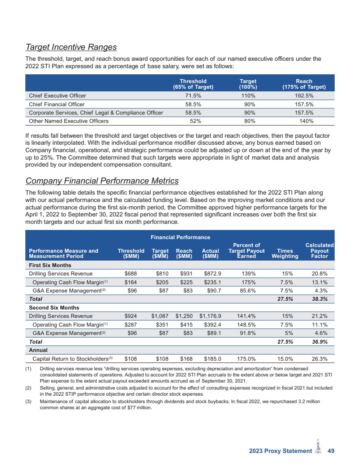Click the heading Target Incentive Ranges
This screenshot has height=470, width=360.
(x=71, y=47)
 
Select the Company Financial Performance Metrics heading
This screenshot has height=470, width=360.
(x=102, y=181)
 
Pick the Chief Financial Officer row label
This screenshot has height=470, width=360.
(x=57, y=104)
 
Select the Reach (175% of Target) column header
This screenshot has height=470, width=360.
(x=304, y=84)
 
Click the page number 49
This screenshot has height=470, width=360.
(x=331, y=451)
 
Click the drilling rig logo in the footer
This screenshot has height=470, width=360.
(x=318, y=449)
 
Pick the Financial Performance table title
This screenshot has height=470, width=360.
(x=180, y=237)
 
